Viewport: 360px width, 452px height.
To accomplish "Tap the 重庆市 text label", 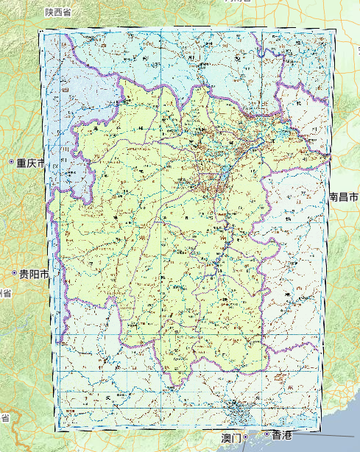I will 32,162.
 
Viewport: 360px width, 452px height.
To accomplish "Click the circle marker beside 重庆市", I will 12,162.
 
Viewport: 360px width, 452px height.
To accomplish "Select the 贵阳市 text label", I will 34,274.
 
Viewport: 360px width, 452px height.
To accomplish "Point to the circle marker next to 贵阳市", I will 15,274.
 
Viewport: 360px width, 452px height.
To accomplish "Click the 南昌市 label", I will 344,197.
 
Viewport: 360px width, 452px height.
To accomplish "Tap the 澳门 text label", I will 230,438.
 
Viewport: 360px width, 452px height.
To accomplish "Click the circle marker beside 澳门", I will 246,437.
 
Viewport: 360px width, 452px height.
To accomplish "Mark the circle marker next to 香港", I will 267,434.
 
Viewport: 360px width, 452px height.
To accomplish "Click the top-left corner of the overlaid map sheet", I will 39,32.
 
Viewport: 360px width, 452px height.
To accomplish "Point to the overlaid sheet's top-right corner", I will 336,32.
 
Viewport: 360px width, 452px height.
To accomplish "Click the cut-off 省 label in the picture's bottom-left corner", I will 4,418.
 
